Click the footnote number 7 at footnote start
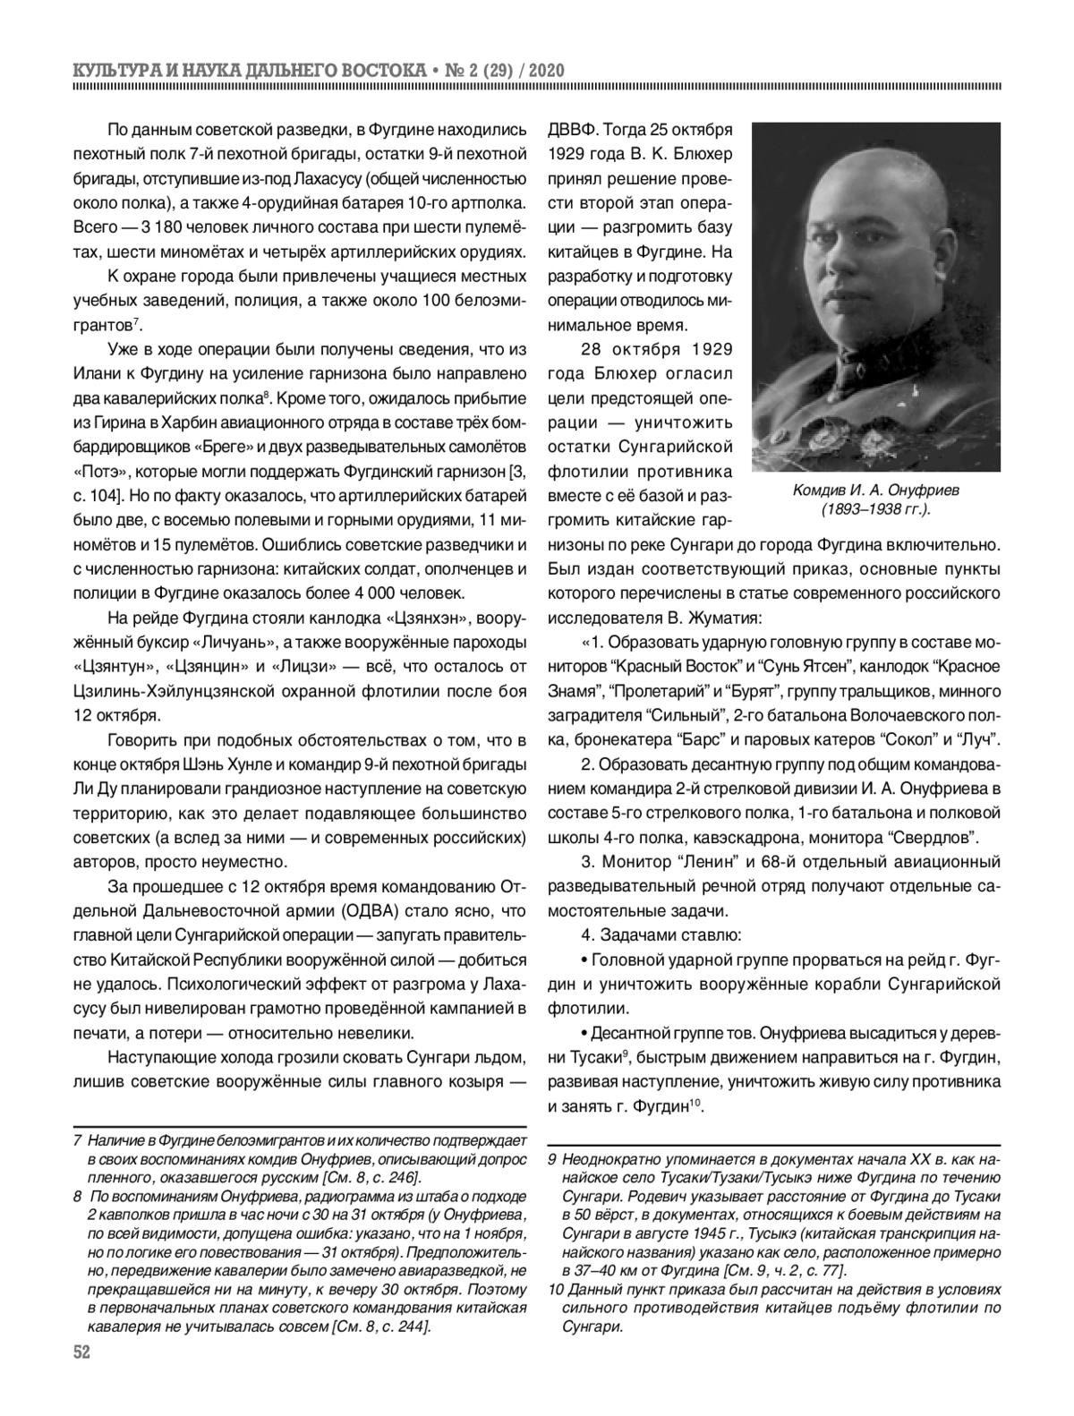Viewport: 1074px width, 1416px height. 78,1140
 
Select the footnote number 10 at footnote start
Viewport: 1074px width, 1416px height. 555,1287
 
